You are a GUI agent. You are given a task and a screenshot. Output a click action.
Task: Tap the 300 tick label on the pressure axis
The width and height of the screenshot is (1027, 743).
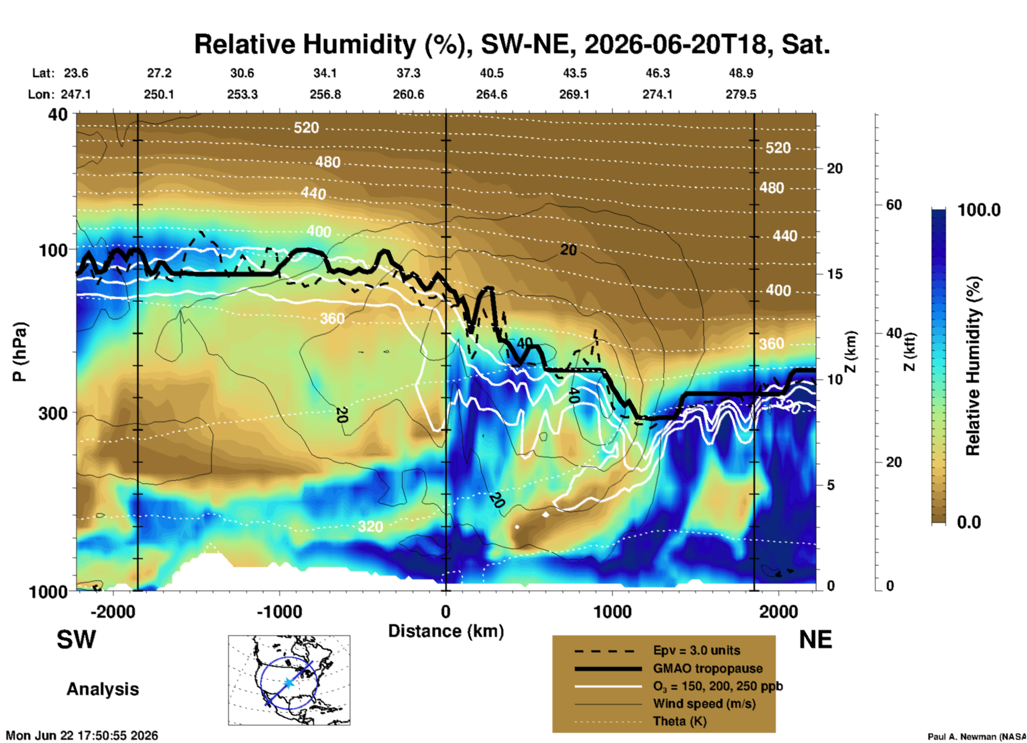[53, 413]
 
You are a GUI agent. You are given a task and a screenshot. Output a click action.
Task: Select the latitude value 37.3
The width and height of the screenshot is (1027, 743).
[408, 73]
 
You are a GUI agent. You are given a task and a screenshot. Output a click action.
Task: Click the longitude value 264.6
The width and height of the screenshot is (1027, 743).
[492, 94]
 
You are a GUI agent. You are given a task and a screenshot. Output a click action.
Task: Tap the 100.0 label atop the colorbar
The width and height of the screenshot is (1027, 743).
[979, 210]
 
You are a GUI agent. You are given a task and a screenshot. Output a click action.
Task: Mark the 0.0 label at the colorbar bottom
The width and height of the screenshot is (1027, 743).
[969, 522]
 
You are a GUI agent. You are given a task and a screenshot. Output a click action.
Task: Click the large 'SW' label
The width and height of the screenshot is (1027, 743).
[76, 640]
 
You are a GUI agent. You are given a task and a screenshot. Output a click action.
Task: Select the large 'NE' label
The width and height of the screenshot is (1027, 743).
[815, 640]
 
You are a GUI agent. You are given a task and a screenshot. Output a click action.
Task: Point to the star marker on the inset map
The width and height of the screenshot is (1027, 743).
[289, 683]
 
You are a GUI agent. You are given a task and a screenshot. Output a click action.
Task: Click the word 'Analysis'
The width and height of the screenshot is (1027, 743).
[103, 689]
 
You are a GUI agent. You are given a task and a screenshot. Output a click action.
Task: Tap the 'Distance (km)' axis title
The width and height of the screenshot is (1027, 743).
[446, 631]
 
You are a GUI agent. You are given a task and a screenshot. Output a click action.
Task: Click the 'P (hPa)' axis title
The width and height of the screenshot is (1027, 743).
[19, 352]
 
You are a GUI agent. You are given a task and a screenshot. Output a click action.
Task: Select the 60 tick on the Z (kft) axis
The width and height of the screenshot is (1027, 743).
[894, 205]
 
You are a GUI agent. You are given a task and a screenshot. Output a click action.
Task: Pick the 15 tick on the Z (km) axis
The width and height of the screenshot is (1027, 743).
[835, 274]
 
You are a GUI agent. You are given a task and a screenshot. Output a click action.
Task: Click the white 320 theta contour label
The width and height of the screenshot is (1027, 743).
[370, 527]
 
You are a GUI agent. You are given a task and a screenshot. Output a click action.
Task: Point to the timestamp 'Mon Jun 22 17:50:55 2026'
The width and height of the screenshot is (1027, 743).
[82, 736]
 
